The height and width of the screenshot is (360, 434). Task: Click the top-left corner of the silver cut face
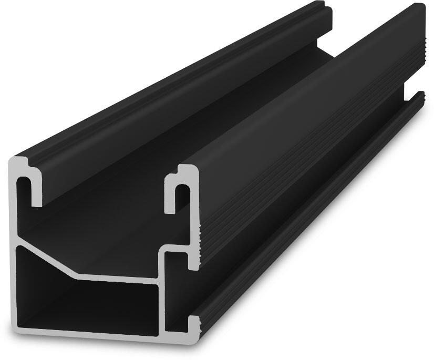click(14, 159)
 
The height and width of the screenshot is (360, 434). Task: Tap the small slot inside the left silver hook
click(27, 189)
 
